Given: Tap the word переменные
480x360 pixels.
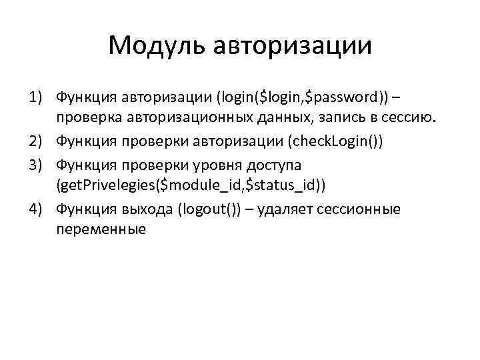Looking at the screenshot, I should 101,231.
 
